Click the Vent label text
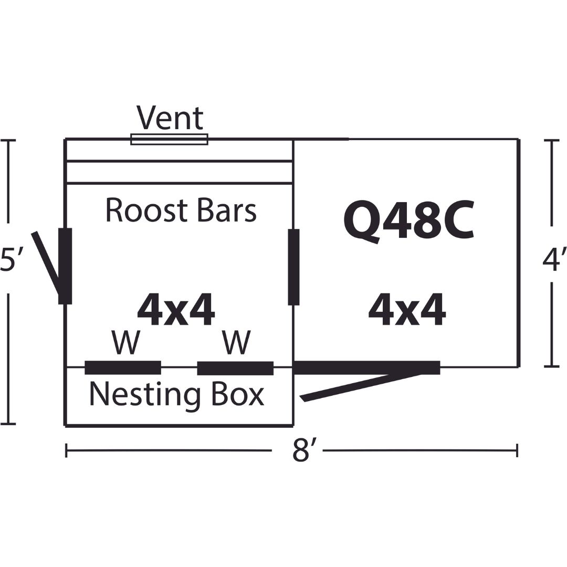(170, 118)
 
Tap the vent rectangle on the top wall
(169, 139)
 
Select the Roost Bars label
(181, 210)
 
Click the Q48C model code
(408, 222)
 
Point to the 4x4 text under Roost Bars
(176, 310)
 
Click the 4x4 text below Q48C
(407, 310)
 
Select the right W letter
(236, 342)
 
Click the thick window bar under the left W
(123, 367)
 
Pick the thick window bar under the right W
(235, 367)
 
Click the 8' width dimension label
(301, 450)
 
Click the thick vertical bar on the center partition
(293, 267)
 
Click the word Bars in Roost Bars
(227, 210)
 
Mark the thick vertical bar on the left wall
(65, 266)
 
